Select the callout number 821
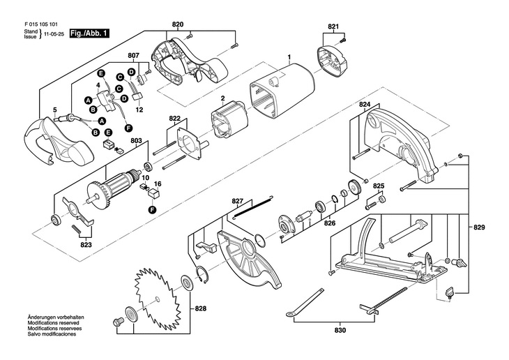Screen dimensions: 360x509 click(332, 27)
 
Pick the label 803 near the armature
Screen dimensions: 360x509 click(136, 142)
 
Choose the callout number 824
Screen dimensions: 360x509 click(364, 105)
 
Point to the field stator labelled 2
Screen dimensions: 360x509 click(226, 125)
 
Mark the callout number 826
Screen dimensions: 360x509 click(329, 223)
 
